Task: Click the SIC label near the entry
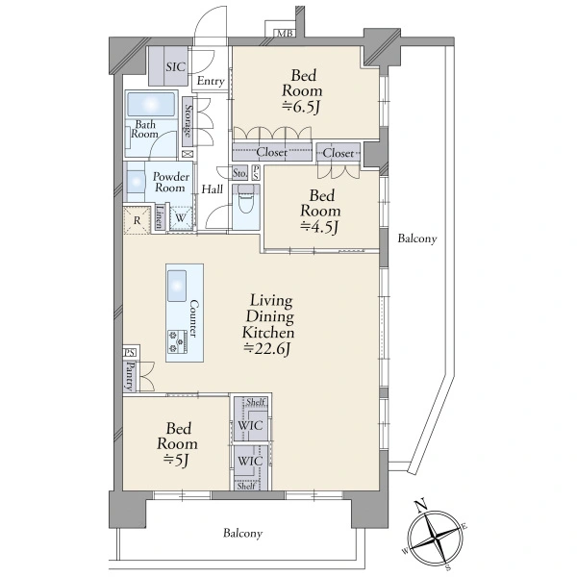click(x=176, y=67)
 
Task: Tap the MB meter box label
click(x=286, y=34)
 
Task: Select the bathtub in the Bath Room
click(x=151, y=105)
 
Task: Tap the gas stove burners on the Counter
click(x=177, y=341)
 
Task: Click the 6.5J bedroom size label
click(x=301, y=107)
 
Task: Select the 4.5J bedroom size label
click(x=319, y=227)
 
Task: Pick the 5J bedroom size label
click(x=177, y=460)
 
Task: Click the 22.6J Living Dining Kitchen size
click(x=267, y=348)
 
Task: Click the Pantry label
click(x=130, y=376)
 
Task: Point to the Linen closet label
click(x=160, y=217)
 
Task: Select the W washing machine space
click(x=181, y=218)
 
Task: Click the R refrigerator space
click(x=137, y=220)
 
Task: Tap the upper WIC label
click(x=250, y=426)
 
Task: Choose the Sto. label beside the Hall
click(x=239, y=172)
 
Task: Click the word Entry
click(x=211, y=81)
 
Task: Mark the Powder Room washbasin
click(x=136, y=182)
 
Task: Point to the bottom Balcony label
click(x=243, y=533)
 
